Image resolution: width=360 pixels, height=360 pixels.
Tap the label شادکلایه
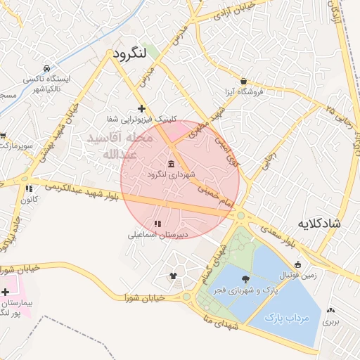(319, 224)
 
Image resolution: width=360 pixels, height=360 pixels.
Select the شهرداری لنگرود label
(172, 173)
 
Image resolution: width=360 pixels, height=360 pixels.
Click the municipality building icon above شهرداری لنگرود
(172, 163)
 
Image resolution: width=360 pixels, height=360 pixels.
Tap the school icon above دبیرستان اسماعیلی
(156, 224)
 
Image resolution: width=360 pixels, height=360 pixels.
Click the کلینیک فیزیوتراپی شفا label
(141, 119)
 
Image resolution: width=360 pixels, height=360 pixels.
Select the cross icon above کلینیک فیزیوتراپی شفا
(142, 108)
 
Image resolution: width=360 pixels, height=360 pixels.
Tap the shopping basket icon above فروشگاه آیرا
(243, 82)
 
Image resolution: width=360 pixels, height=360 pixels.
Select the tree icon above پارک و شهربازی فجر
(245, 280)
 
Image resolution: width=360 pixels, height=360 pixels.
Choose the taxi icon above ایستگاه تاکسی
(46, 69)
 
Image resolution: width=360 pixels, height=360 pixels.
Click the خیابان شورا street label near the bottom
(143, 297)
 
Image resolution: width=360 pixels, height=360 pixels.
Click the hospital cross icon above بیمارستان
(6, 291)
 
